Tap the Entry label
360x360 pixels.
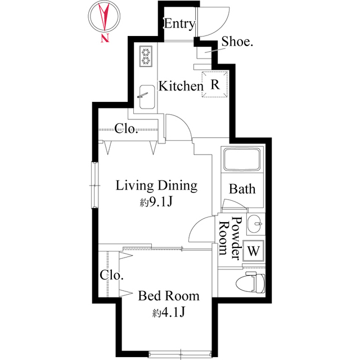(x=179, y=24)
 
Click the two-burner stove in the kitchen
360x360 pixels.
(x=146, y=56)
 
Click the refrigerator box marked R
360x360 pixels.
(x=215, y=84)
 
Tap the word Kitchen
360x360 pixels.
(x=180, y=87)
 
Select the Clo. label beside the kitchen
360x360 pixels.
(x=127, y=129)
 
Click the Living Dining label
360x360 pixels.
(x=156, y=186)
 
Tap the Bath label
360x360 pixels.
(x=242, y=189)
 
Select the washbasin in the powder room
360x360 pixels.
(x=255, y=224)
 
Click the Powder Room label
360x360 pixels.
(x=229, y=238)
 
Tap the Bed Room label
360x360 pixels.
(x=169, y=296)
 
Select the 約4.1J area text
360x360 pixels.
(x=169, y=313)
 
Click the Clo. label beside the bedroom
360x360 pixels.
(x=112, y=276)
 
